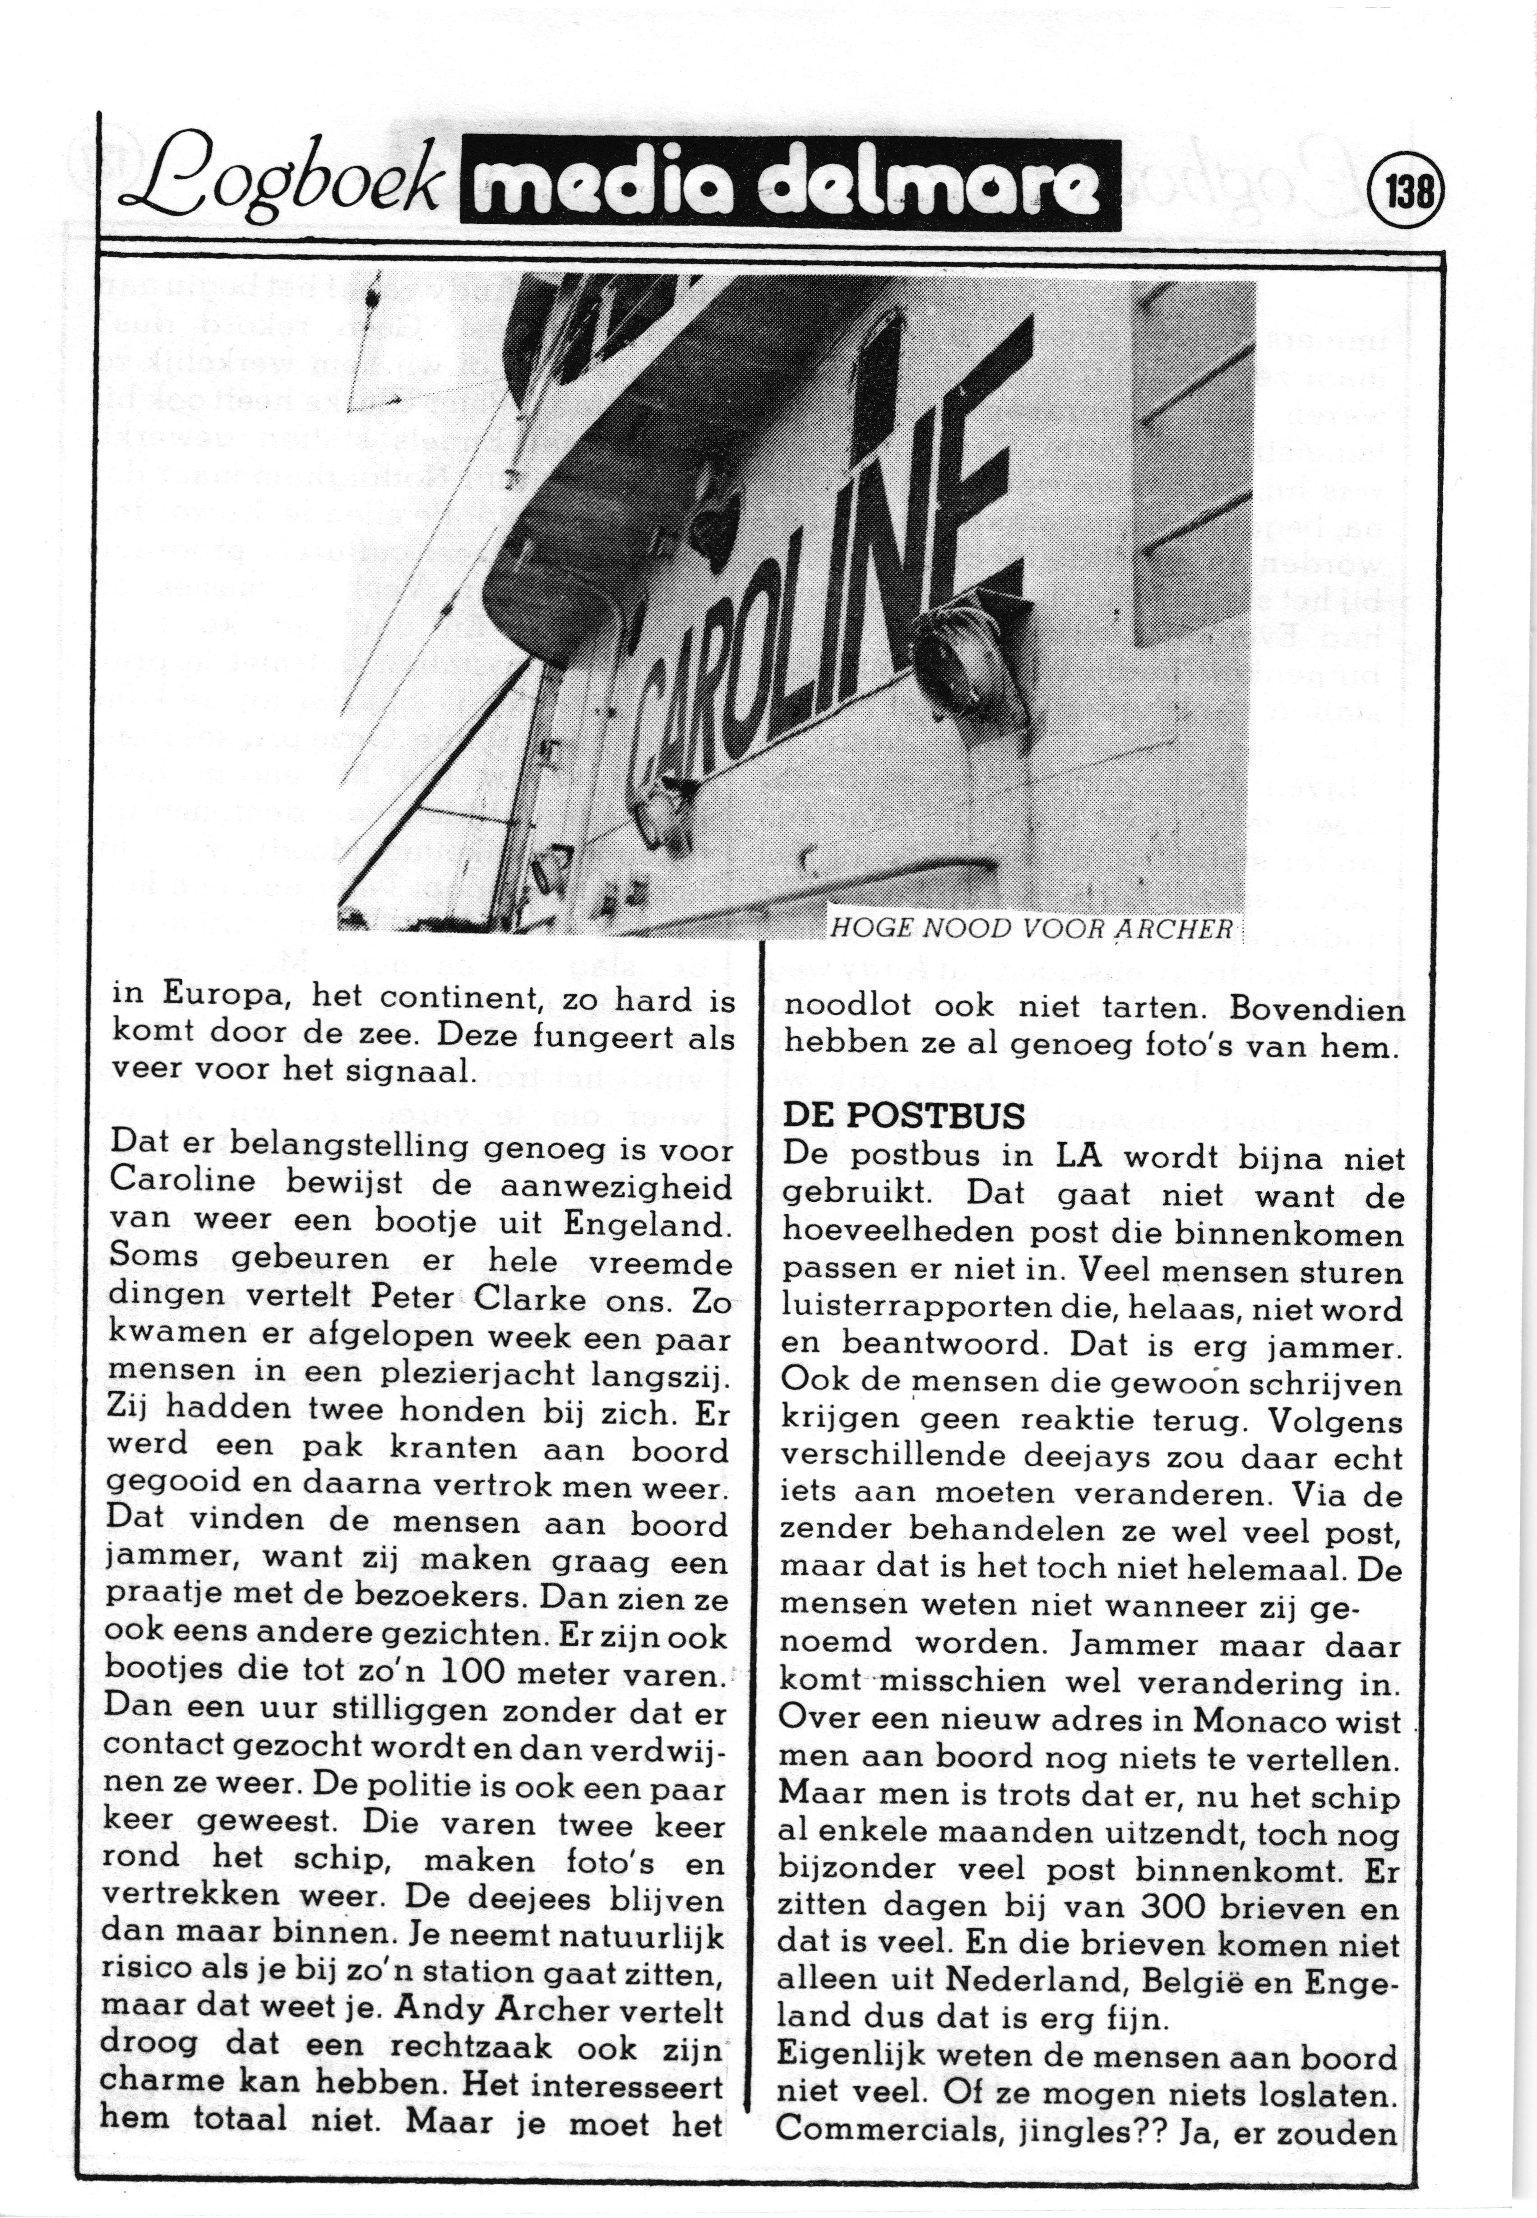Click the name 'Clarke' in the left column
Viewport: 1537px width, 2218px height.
[x=532, y=1297]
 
